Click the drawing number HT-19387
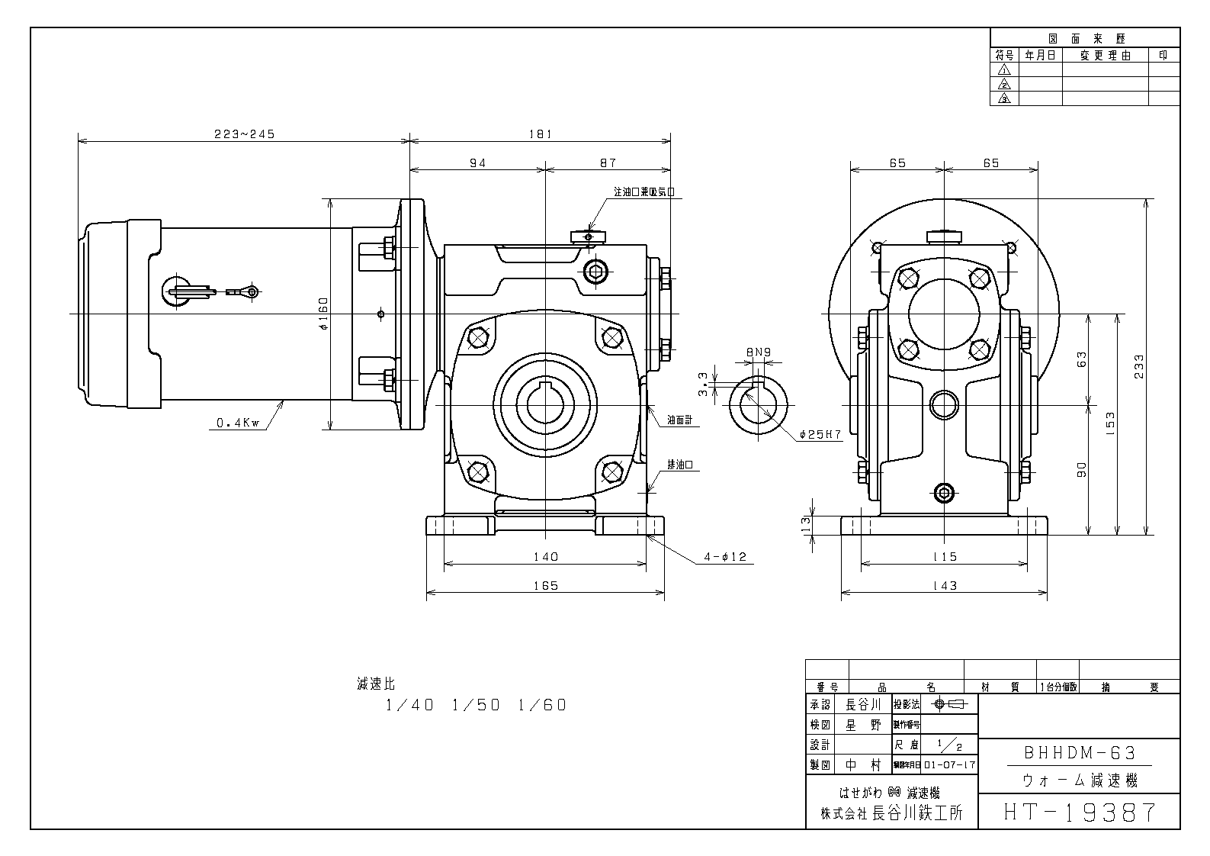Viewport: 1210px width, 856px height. point(1079,813)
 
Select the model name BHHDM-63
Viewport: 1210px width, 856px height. point(1079,754)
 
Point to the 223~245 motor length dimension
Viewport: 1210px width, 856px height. point(243,134)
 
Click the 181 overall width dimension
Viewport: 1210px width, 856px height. point(539,134)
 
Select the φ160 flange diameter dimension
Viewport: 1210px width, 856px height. point(323,314)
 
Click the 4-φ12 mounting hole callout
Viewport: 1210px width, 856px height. point(725,558)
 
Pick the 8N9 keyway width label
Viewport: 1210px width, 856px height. point(758,352)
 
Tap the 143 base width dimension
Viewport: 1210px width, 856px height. point(944,585)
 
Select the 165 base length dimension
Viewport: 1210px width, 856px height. point(546,585)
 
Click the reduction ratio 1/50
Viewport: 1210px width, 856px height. point(476,705)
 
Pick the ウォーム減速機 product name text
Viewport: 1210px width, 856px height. point(1079,781)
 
